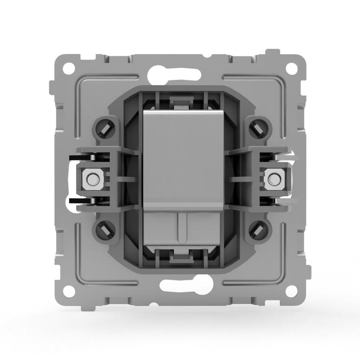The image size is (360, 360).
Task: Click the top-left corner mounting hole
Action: point(68,69)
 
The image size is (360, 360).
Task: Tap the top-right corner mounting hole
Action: point(292,69)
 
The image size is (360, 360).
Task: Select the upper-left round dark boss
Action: point(104,129)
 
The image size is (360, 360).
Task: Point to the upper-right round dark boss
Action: point(260,129)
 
